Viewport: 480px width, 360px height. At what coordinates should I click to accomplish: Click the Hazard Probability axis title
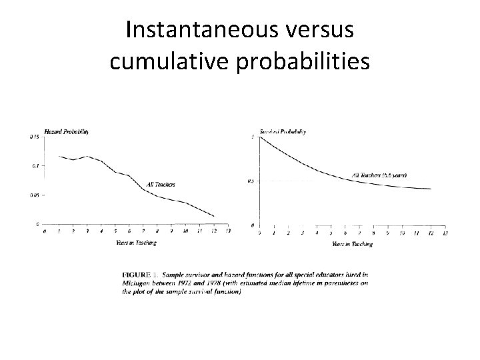(x=67, y=131)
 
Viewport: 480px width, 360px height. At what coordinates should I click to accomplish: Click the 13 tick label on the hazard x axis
(x=228, y=231)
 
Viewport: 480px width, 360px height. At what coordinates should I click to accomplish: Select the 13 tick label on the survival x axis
(x=445, y=233)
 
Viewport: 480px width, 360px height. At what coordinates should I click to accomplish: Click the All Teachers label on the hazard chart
(x=161, y=184)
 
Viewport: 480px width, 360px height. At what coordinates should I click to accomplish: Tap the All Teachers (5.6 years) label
(x=379, y=175)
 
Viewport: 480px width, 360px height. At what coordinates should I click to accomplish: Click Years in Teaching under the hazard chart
(x=136, y=243)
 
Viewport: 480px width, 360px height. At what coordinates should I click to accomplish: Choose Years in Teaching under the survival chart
(x=352, y=244)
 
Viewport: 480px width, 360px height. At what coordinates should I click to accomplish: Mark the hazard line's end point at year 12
(x=213, y=216)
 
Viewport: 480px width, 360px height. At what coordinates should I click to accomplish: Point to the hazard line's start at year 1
(x=59, y=156)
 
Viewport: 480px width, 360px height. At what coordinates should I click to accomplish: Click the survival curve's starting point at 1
(x=260, y=137)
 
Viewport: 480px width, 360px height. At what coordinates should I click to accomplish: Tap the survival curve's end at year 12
(x=431, y=189)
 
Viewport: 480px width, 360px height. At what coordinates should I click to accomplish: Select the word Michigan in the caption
(x=137, y=283)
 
